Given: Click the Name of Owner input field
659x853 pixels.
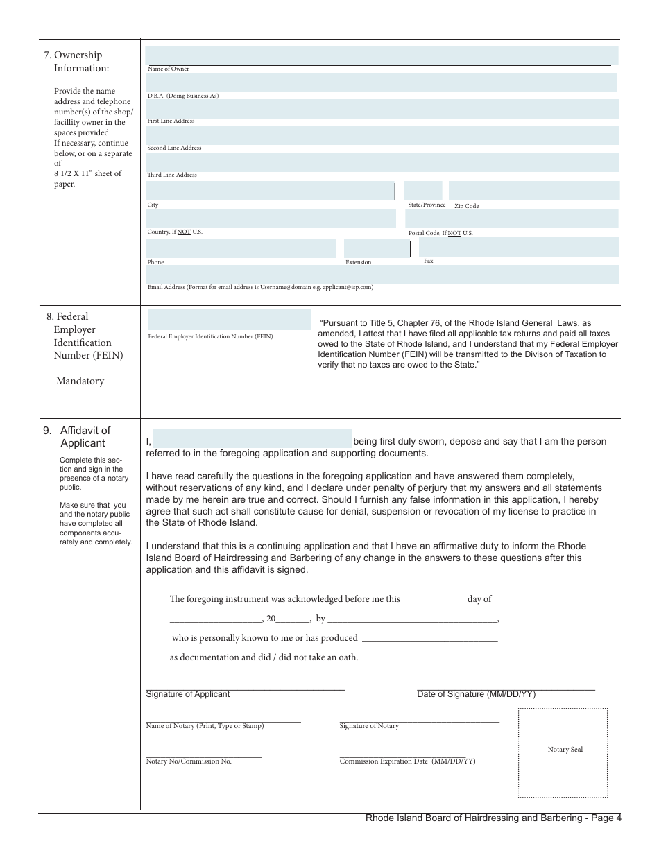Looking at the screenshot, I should tap(381, 55).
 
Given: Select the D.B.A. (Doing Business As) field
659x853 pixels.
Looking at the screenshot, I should tap(381, 83).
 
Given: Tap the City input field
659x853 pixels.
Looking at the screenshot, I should tap(270, 191).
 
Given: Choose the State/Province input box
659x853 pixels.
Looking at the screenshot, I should tap(422, 191).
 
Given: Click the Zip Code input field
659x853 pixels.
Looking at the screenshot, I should tap(533, 191).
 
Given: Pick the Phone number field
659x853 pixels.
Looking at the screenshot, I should tap(241, 248).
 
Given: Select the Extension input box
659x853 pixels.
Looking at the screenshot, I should tap(376, 248).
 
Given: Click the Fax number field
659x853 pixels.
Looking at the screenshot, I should tap(518, 248).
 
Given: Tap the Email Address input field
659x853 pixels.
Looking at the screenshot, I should tap(382, 275).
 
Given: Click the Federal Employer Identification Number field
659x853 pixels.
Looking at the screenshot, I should tap(229, 320).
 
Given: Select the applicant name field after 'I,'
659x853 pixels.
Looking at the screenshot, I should tap(252, 438).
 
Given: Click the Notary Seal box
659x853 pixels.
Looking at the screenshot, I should tap(563, 752).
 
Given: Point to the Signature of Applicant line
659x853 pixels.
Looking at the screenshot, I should tap(245, 689).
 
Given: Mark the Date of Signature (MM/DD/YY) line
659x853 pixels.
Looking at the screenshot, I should tap(506, 689).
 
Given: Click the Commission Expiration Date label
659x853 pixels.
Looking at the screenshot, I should tap(407, 761).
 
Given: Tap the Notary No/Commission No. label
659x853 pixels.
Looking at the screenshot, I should tap(189, 761).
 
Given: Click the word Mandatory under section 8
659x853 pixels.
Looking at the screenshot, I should tap(80, 381).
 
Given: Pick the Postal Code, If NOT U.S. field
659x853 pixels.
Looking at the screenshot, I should tap(511, 219).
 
